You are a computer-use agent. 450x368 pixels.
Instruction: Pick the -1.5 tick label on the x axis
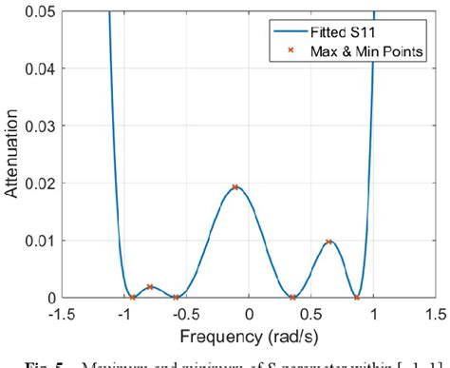(x=64, y=313)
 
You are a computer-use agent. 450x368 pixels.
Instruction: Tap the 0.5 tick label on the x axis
(x=313, y=313)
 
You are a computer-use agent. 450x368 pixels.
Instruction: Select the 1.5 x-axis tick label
(x=437, y=313)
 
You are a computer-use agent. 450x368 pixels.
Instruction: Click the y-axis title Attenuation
(x=12, y=154)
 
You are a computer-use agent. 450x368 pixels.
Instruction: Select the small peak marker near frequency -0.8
(x=150, y=286)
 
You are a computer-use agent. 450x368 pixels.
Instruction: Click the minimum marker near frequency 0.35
(x=292, y=298)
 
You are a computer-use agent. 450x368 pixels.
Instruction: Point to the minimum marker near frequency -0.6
(x=176, y=298)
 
